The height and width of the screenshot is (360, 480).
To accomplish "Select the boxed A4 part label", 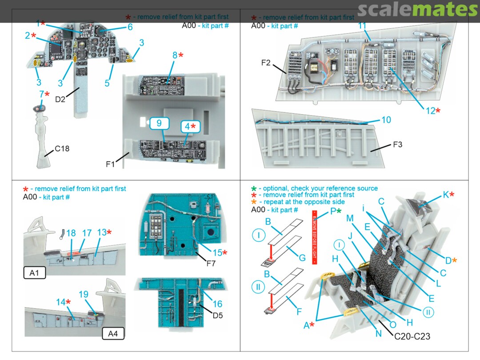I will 113,333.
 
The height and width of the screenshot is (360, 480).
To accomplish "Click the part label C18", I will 62,149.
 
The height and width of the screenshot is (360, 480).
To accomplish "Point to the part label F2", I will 266,63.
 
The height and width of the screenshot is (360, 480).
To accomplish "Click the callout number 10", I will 386,120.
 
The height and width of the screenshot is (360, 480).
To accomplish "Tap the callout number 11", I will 362,26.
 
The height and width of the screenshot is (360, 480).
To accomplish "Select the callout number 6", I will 130,27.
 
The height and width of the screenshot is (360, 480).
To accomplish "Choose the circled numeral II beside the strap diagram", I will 257,287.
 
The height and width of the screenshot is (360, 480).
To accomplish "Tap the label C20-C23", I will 412,336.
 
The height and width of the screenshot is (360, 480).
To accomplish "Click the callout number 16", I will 217,304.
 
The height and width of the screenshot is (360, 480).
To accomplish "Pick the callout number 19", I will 84,294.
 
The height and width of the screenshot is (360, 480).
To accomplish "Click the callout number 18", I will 71,233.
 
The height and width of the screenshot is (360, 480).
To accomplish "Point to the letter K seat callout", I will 446,194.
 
